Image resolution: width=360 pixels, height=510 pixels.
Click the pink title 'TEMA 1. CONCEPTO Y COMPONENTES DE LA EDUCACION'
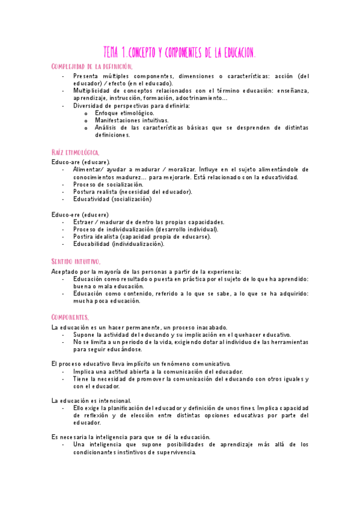coord(180,53)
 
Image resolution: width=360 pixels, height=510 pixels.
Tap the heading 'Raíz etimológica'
coord(76,153)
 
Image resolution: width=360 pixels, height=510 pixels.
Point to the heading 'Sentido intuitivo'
coord(76,262)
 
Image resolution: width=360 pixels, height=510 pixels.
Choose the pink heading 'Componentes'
coord(70,316)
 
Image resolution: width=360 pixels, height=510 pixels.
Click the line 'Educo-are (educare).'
coord(81,162)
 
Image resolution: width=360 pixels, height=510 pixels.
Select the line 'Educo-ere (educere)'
coord(80,215)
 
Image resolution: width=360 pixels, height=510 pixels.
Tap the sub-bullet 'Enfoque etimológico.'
coord(124,113)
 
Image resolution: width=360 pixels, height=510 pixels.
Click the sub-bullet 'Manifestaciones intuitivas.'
coord(132,120)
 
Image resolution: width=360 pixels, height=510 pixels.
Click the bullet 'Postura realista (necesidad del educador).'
coord(133,192)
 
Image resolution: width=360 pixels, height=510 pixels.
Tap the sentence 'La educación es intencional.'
coord(91,401)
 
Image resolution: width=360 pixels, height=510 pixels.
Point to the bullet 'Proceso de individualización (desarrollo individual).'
coord(146,230)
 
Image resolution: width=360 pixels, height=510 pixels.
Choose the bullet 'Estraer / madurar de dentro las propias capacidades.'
coord(148,222)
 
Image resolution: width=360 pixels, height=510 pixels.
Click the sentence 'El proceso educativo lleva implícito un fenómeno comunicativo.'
coord(141,364)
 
